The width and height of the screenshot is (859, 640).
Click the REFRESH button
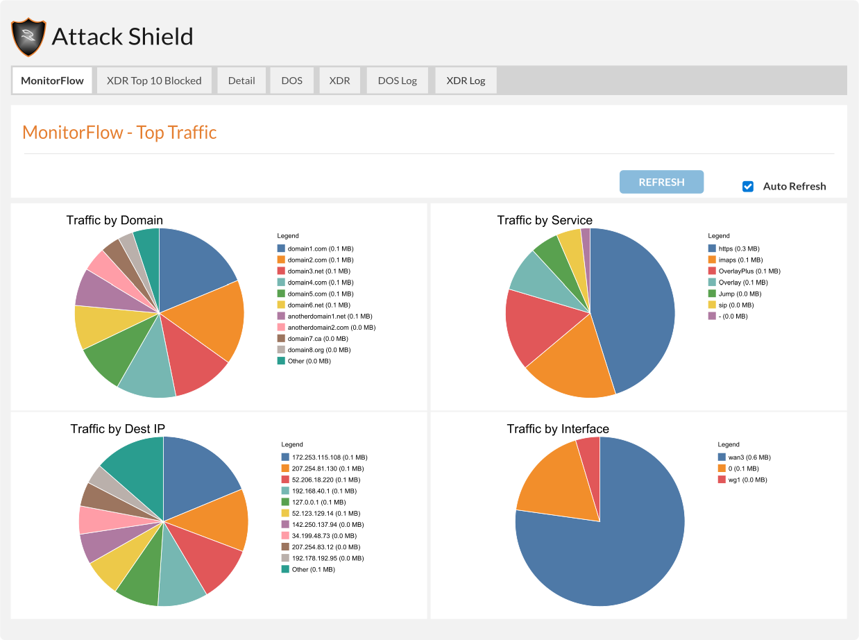click(x=661, y=182)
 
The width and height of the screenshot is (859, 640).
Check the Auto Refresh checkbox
click(x=748, y=186)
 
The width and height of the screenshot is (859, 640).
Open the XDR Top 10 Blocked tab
click(x=154, y=81)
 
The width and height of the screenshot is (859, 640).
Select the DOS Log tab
click(x=397, y=81)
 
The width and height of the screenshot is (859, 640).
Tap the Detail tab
click(x=241, y=81)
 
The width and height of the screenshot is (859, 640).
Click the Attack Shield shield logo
click(x=28, y=37)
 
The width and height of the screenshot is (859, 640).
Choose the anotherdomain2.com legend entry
click(x=326, y=328)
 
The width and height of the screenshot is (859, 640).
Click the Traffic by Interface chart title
click(x=558, y=429)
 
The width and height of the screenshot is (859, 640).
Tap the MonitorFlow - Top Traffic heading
click(x=119, y=132)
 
